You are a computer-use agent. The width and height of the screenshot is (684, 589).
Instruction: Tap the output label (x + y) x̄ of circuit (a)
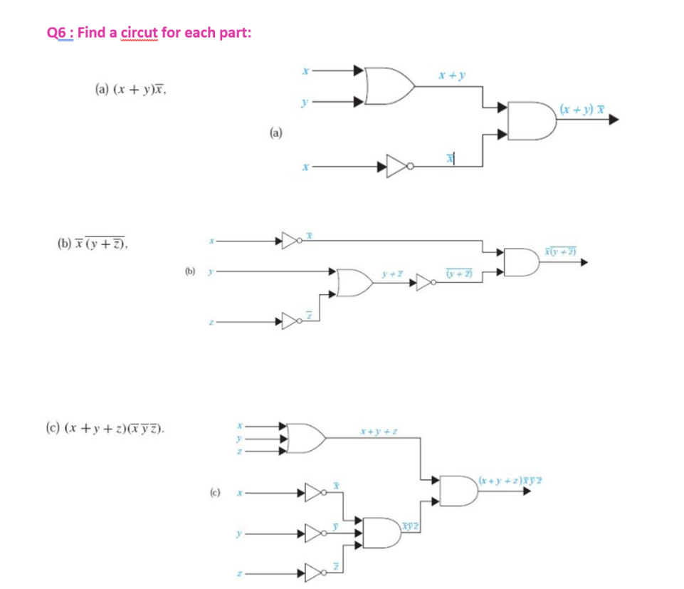coord(582,110)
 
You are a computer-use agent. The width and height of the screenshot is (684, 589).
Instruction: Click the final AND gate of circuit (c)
coord(458,490)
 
